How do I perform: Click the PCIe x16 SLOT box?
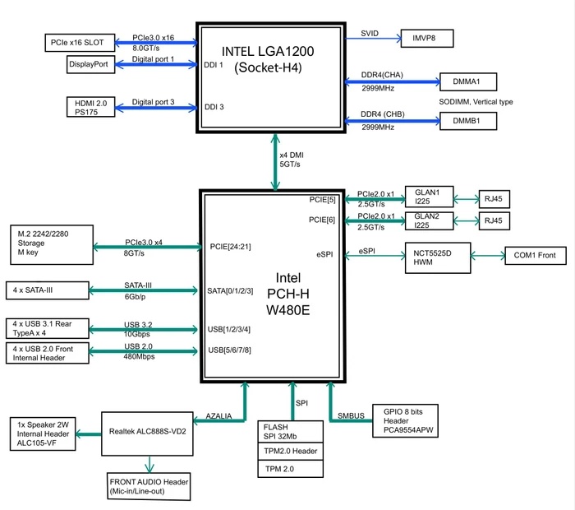tap(80, 43)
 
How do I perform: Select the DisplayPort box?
tap(90, 64)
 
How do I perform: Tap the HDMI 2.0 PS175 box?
tap(90, 107)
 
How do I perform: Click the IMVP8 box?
tap(427, 38)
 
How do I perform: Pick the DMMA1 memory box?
tap(468, 81)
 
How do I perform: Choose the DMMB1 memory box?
tap(468, 121)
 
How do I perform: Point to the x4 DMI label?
tap(292, 155)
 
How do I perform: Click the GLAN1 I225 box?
tap(429, 197)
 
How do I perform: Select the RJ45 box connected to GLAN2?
tap(494, 220)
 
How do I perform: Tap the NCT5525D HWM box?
tap(438, 257)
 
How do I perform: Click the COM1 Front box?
tap(536, 256)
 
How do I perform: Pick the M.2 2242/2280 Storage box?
tap(52, 244)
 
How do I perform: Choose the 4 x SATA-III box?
tap(48, 290)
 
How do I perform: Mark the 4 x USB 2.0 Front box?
tap(48, 353)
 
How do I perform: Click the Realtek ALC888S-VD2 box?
tap(147, 433)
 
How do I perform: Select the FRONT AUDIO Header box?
tap(149, 486)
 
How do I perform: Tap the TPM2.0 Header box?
tap(291, 452)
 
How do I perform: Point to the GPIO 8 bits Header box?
tap(405, 421)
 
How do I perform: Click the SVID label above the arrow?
tap(370, 34)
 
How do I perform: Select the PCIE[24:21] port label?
tap(230, 247)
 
